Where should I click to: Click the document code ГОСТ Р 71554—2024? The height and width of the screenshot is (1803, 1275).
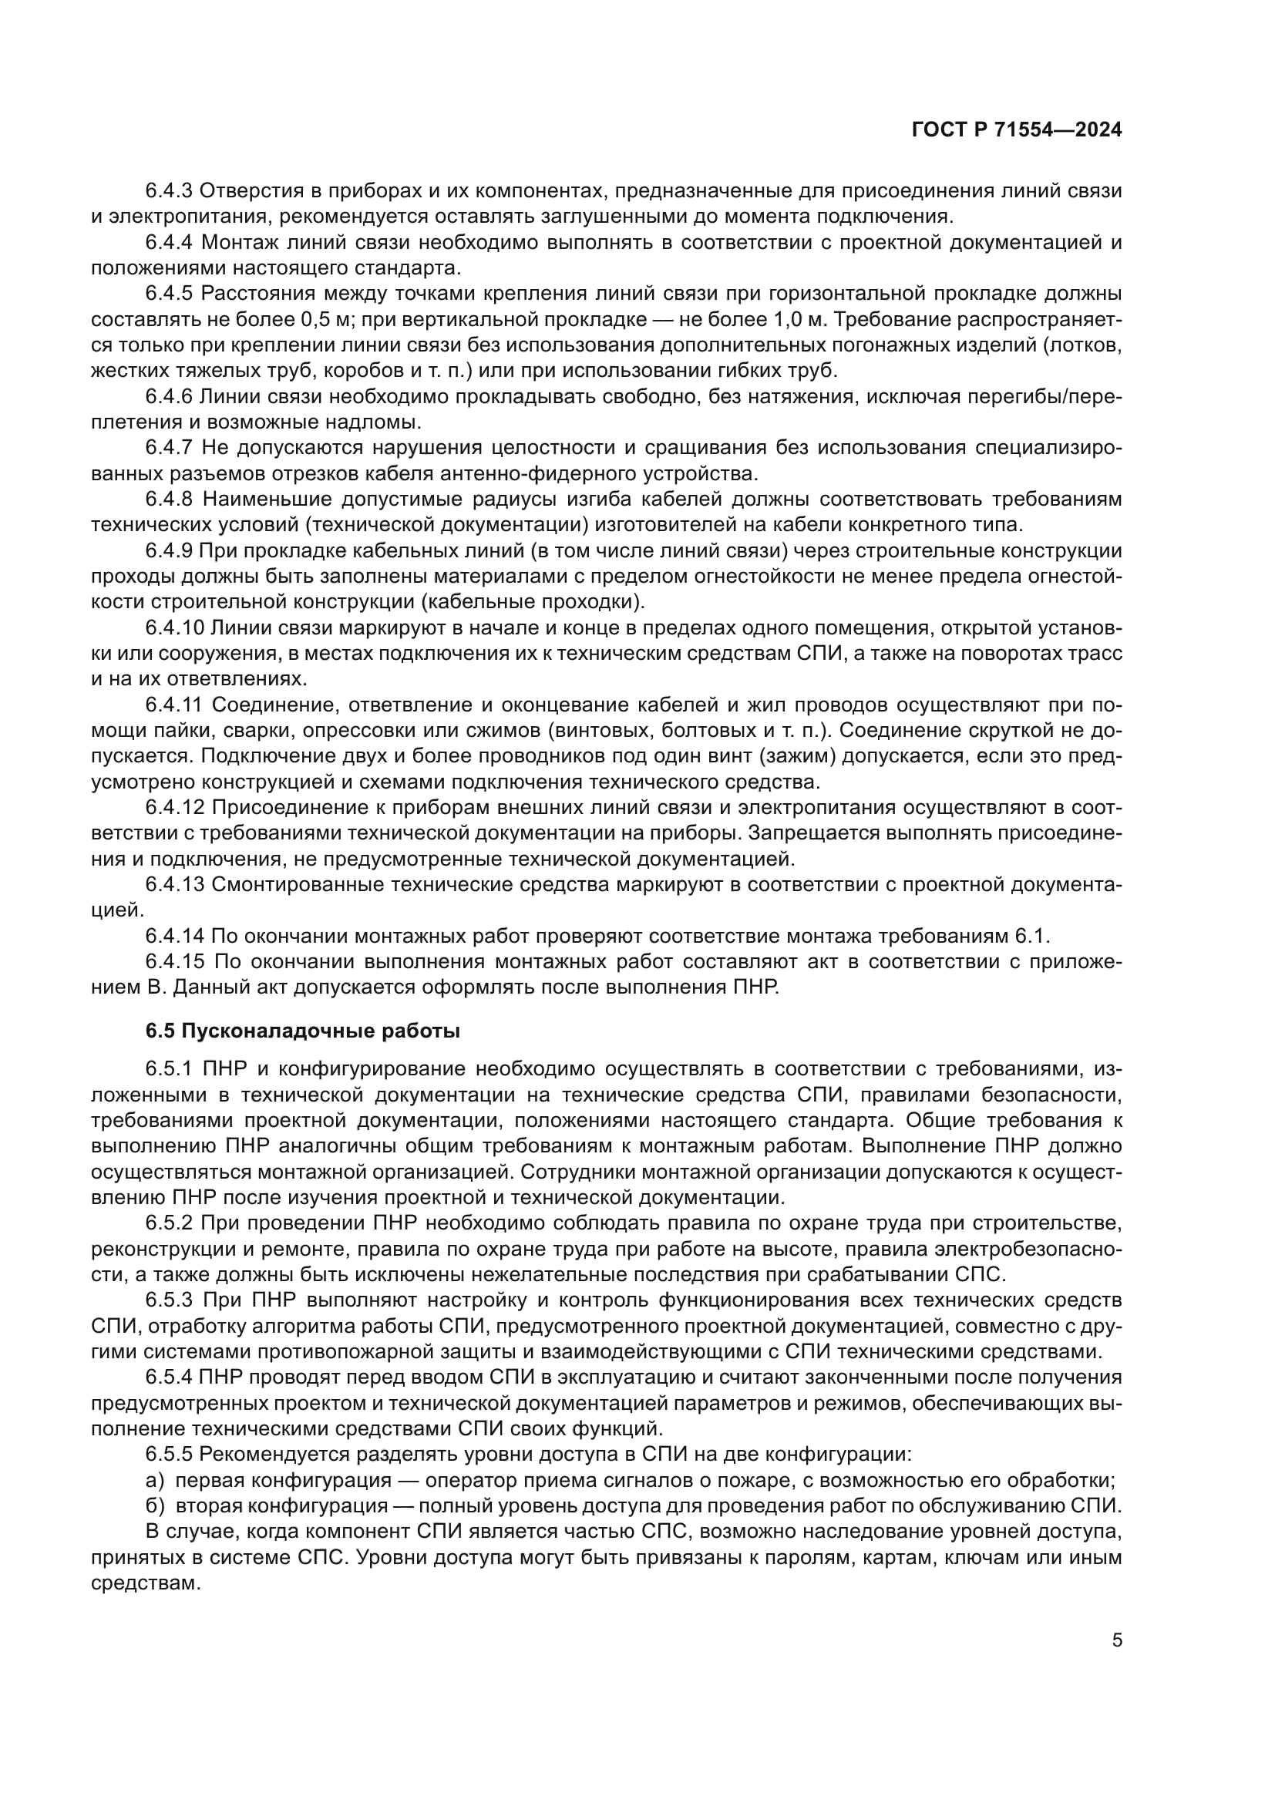(1017, 131)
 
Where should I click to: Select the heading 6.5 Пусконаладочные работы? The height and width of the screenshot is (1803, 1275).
(302, 1031)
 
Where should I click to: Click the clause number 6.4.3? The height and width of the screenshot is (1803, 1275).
(169, 191)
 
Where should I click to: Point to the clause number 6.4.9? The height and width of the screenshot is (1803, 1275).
(169, 551)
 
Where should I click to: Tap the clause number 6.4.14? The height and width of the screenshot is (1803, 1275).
(174, 936)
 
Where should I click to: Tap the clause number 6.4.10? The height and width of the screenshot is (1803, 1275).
(174, 628)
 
